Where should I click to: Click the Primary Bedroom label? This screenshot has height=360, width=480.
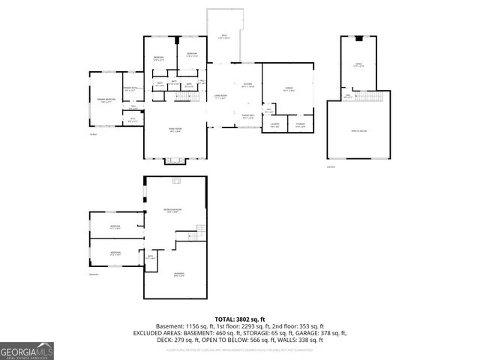[104, 100]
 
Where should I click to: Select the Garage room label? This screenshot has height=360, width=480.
[289, 89]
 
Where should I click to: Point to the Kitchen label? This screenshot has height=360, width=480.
[247, 85]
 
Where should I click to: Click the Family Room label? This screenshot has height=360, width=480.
[175, 130]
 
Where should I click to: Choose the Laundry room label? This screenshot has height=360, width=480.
[275, 124]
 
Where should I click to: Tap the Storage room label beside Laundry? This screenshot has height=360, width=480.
[300, 124]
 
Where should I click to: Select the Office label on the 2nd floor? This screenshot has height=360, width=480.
[358, 65]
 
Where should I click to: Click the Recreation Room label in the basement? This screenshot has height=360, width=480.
[173, 210]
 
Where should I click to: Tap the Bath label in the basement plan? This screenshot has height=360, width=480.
[150, 257]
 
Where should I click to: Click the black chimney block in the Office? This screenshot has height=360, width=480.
[358, 39]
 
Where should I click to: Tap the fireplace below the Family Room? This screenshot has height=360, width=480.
[176, 159]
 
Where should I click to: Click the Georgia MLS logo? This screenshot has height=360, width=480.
[25, 351]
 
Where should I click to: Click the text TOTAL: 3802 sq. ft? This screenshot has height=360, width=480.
[239, 319]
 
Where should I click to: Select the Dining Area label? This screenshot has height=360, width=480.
[247, 117]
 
